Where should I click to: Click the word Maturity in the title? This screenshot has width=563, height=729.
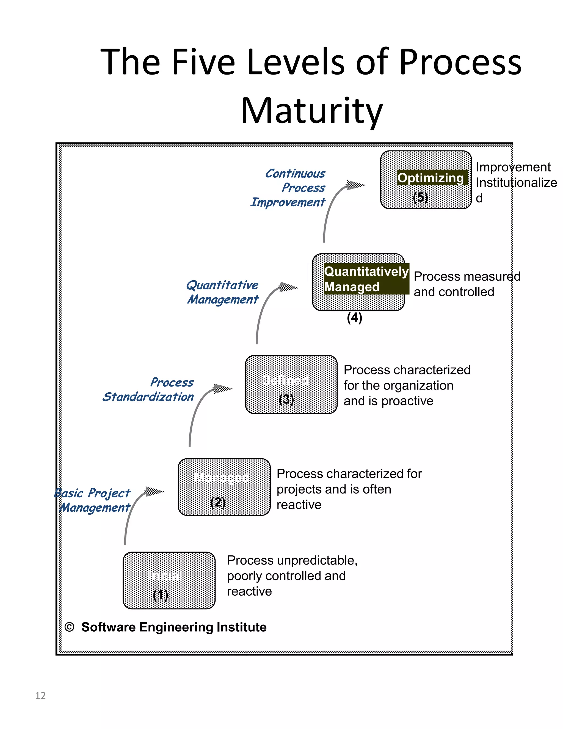311,111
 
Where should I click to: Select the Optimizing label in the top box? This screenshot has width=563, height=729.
430,178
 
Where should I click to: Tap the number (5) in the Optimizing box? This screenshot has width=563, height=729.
420,197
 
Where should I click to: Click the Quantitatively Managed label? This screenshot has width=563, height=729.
366,279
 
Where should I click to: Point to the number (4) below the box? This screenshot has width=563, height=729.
354,317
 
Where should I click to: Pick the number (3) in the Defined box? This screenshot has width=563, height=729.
286,399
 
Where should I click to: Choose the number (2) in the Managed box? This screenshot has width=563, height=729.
218,502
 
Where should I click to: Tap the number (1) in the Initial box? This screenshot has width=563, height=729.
161,595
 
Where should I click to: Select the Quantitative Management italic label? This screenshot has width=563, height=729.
222,292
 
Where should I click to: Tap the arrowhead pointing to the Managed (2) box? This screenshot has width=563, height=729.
154,491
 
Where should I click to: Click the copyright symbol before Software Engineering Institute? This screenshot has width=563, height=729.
69,627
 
